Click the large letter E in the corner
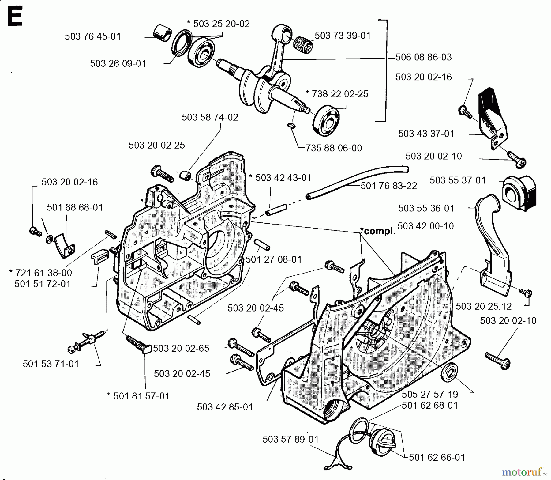click(15, 18)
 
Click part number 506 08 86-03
click(423, 57)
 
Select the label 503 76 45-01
click(93, 36)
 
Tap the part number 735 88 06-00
click(334, 148)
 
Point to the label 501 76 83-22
click(389, 186)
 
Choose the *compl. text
click(378, 231)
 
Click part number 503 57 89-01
click(290, 439)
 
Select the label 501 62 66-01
click(437, 458)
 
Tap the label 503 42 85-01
click(225, 407)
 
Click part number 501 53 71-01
click(51, 364)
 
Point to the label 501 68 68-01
click(75, 207)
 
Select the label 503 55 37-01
click(458, 180)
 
